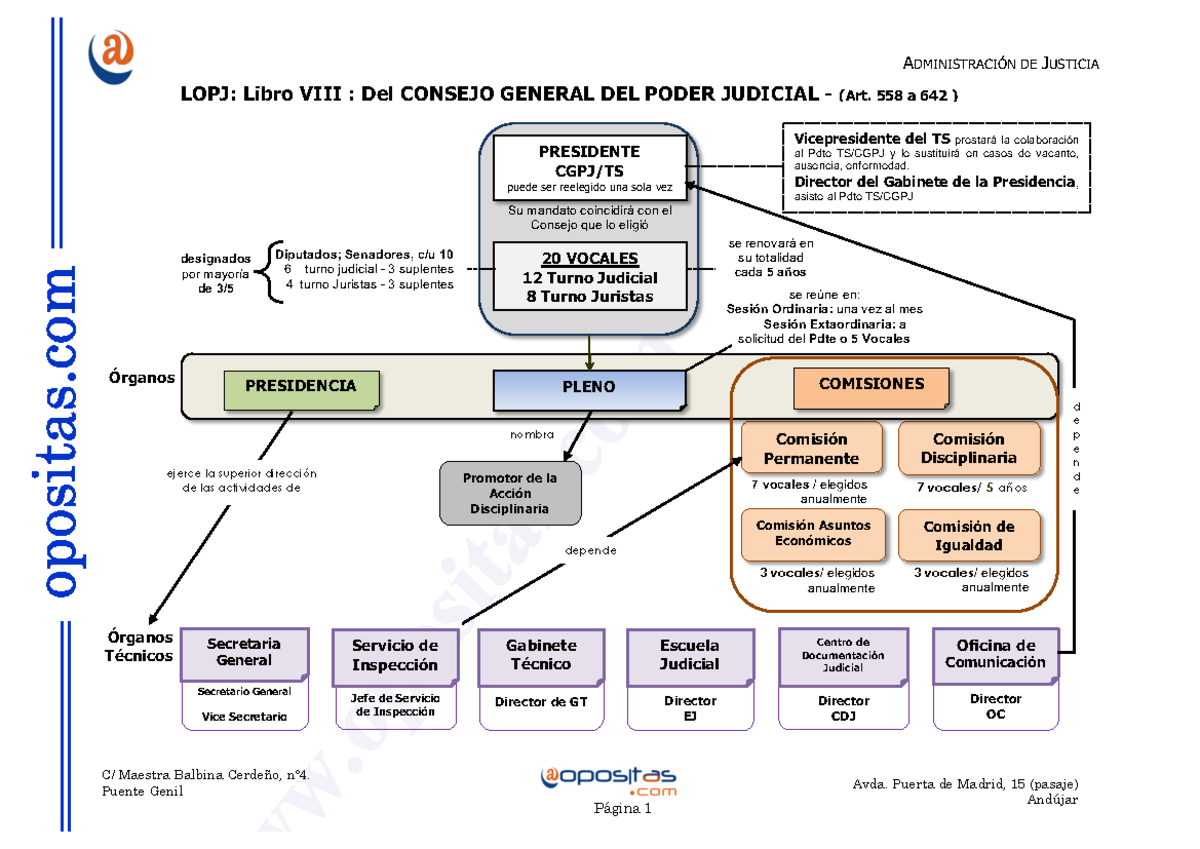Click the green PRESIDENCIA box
(x=301, y=388)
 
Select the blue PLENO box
(x=589, y=388)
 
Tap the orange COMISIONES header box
(x=871, y=387)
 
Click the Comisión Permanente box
(x=811, y=449)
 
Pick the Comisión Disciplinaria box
(x=969, y=449)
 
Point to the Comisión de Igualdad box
(x=969, y=536)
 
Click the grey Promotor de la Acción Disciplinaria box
(x=510, y=493)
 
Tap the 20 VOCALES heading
(x=590, y=259)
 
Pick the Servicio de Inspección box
(x=395, y=655)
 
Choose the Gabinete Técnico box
(x=541, y=655)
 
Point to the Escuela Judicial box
(x=689, y=655)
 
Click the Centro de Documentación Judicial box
(x=843, y=654)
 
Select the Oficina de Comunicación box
(x=996, y=654)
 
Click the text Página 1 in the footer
(x=622, y=809)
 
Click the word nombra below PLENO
(x=532, y=434)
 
